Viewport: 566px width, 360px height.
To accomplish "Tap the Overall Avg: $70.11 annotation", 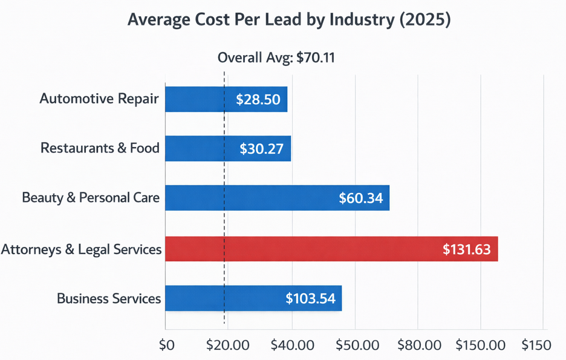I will tap(276, 58).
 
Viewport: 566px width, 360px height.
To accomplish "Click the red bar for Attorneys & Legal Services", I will tap(331, 249).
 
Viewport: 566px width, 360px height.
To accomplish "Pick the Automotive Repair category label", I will tap(99, 99).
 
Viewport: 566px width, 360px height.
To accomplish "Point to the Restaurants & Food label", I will tap(100, 148).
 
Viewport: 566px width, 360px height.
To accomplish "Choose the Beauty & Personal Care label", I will tap(91, 198).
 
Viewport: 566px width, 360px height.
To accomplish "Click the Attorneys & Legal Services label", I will tap(81, 249).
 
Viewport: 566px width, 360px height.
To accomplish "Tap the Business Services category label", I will tap(109, 298).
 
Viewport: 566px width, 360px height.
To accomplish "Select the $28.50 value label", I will tap(258, 99).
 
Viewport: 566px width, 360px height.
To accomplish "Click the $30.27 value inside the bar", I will tap(261, 148).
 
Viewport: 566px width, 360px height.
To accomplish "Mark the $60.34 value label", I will tap(361, 198).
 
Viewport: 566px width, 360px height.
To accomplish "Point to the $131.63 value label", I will tap(466, 249).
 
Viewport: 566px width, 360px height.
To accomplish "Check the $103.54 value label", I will tap(310, 298).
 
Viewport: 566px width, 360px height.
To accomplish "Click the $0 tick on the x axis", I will tap(166, 345).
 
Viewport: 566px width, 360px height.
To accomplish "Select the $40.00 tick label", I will tap(293, 345).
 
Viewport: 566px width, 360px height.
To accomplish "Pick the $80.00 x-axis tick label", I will tap(420, 345).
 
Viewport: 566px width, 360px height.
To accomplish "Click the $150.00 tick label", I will tap(480, 345).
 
